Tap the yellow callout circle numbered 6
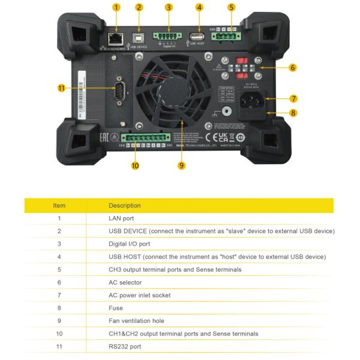pos(292,68)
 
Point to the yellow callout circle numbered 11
pos(61,88)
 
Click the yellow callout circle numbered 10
pos(135,166)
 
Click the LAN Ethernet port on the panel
pos(114,38)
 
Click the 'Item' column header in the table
pos(59,205)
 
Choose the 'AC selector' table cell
pos(125,282)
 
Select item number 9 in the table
pos(59,321)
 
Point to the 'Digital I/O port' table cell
pos(130,244)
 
